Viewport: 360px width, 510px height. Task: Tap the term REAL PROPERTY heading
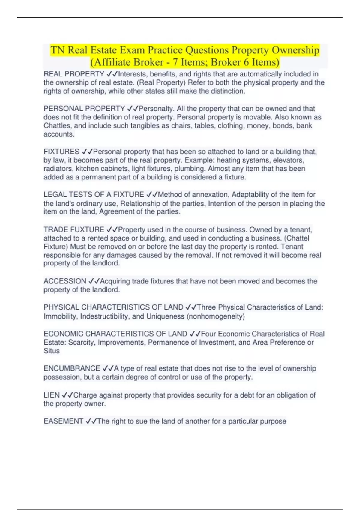[74, 74]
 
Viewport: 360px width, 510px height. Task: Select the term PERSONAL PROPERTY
[84, 109]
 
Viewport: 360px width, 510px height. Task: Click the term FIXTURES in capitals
[61, 151]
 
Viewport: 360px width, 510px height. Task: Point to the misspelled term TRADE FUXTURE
[74, 230]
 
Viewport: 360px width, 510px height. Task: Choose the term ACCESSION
[65, 281]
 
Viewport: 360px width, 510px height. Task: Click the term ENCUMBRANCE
[72, 368]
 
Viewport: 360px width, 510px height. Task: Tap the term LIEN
[52, 395]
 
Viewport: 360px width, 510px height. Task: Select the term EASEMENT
[63, 421]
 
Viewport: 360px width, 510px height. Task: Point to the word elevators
[288, 160]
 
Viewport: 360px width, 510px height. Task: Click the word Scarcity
[81, 342]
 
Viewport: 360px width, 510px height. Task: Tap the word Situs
[52, 351]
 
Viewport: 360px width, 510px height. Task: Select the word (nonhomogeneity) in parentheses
[216, 316]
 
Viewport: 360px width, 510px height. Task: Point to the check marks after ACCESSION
[94, 281]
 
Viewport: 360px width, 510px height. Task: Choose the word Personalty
[156, 109]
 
